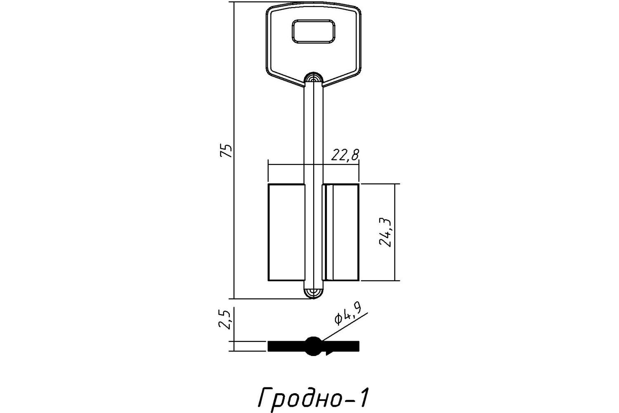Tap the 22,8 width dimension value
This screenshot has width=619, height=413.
[345, 155]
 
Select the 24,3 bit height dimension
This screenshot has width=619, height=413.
[385, 233]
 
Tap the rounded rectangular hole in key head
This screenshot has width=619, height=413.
[313, 31]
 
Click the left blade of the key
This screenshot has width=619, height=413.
[286, 233]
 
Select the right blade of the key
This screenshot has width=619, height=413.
[341, 233]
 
